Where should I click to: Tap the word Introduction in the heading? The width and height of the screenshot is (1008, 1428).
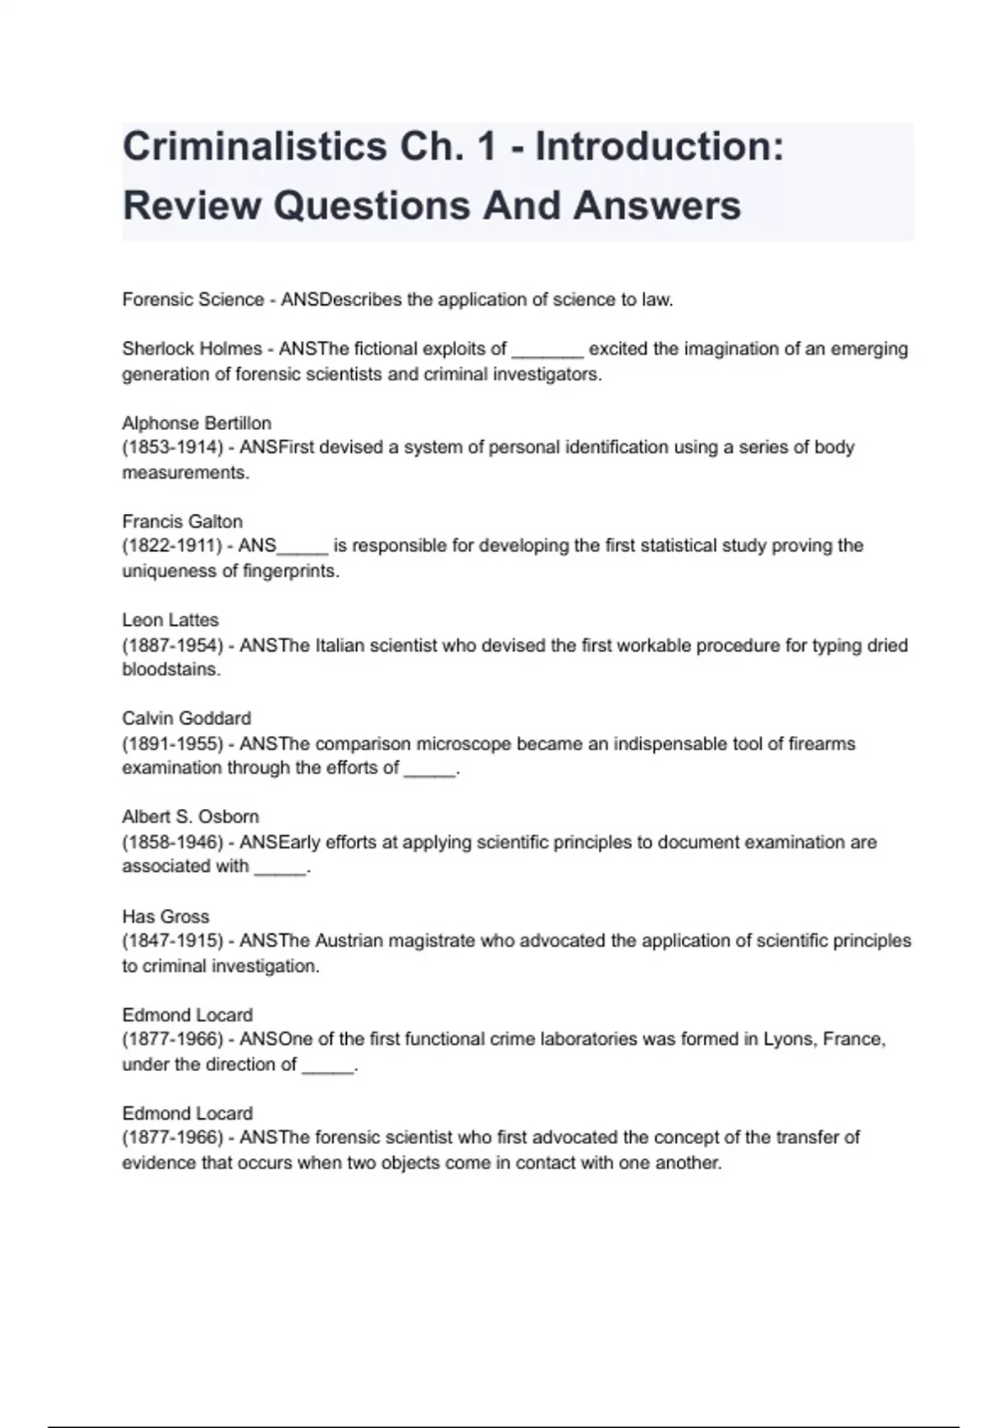pos(659,147)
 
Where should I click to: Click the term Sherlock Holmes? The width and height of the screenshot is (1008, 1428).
pos(192,349)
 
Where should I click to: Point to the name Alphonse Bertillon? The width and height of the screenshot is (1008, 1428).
pos(197,423)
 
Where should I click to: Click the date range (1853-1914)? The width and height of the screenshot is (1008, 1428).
pos(172,447)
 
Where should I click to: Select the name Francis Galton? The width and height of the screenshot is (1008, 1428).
pos(182,521)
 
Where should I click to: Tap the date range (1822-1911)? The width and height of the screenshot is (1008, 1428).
pos(172,545)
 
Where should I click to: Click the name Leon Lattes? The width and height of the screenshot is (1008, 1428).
pos(171,620)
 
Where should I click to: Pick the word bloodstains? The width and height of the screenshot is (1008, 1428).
pos(171,669)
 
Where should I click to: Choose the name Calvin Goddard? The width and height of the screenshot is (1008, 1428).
pos(186,718)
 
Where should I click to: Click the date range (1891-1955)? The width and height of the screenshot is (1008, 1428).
pos(172,743)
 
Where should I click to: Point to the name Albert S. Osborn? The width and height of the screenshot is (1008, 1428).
pos(191,816)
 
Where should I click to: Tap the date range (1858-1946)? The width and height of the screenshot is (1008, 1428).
pos(172,842)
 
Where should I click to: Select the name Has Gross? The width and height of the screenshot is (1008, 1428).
pos(165,916)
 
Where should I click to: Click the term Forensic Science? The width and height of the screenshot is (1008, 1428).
pos(193,300)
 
